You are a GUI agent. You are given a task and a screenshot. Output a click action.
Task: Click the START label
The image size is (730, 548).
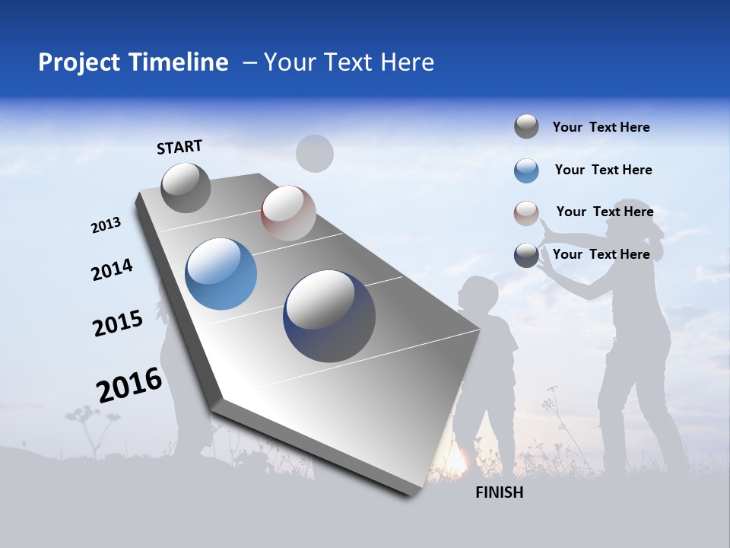(x=179, y=146)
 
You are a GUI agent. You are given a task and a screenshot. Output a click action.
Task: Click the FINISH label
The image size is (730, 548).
(x=499, y=492)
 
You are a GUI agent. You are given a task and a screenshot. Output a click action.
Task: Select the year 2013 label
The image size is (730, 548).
(x=106, y=225)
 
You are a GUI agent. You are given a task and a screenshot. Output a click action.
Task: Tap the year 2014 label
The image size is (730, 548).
(x=112, y=269)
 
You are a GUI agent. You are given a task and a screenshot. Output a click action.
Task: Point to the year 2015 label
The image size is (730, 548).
(x=117, y=323)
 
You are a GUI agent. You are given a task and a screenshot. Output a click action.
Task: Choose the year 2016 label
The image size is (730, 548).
(x=129, y=384)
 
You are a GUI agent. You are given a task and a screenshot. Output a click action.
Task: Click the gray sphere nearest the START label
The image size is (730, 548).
(x=186, y=187)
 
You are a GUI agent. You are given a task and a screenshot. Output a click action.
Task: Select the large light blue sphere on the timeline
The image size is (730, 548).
(x=221, y=274)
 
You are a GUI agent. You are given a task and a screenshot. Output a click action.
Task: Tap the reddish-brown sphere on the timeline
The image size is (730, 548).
(x=288, y=213)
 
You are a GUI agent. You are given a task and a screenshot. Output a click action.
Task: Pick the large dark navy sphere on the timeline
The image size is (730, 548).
(x=329, y=316)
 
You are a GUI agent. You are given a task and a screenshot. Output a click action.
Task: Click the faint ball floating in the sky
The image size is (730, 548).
(x=314, y=154)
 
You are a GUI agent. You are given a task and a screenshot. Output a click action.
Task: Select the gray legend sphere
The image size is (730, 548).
(x=526, y=127)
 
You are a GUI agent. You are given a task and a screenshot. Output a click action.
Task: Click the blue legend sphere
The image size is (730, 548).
(x=526, y=170)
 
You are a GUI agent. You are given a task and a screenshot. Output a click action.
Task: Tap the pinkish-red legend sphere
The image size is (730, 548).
(x=526, y=213)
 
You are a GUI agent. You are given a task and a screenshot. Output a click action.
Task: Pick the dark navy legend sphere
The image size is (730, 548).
(x=526, y=255)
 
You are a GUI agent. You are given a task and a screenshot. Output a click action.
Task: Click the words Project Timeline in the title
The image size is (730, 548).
(x=133, y=62)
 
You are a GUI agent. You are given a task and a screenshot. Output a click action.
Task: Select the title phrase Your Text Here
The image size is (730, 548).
(x=349, y=62)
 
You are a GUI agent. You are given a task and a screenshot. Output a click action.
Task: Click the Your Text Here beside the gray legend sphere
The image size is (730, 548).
(x=601, y=127)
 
